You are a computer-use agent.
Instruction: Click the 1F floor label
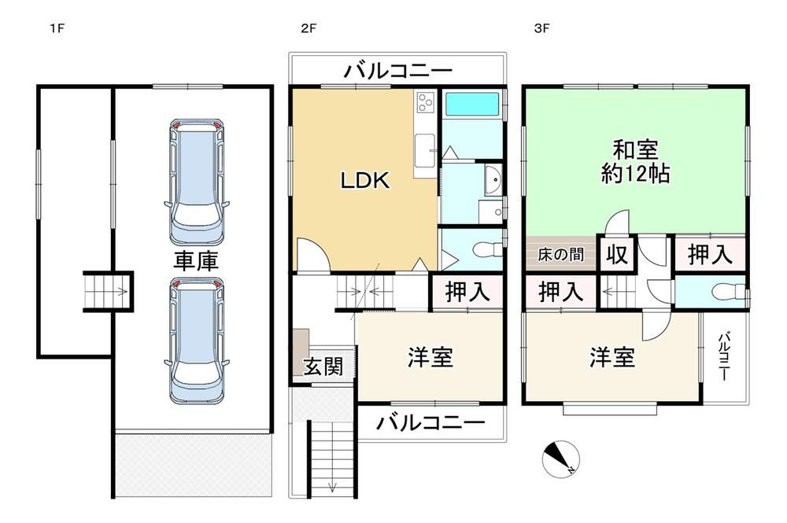click(57, 28)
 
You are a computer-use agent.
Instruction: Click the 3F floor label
click(541, 28)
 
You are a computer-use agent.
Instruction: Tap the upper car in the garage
click(197, 182)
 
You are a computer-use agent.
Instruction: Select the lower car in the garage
click(197, 341)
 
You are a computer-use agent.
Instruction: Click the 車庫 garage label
click(196, 261)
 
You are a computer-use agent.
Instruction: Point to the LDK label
click(365, 181)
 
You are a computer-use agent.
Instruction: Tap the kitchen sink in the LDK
click(425, 150)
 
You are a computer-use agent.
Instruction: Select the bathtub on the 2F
click(471, 105)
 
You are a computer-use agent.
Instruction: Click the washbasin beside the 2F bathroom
click(493, 180)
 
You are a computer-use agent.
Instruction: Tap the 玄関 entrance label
click(323, 366)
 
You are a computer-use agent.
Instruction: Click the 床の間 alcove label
click(560, 254)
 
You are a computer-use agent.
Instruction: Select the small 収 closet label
click(617, 254)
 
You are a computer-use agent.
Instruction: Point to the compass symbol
click(560, 459)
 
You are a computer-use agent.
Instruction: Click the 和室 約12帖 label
click(635, 162)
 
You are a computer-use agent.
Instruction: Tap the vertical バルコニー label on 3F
click(723, 356)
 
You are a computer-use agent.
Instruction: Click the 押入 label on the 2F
click(467, 292)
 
